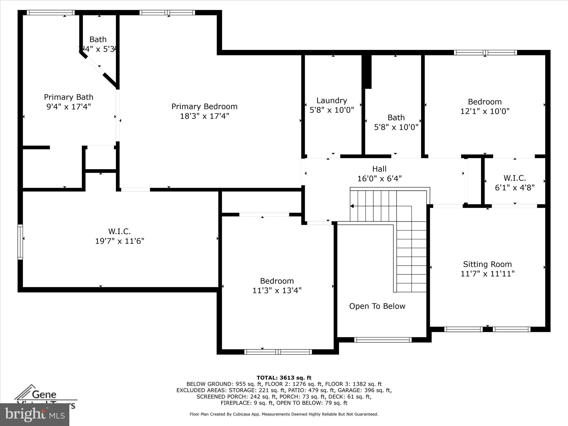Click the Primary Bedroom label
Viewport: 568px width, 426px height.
(204, 106)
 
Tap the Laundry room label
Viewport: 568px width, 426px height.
(332, 100)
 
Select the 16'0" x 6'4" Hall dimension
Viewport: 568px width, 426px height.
(379, 178)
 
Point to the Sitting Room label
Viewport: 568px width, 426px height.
(487, 264)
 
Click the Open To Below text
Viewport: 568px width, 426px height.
(377, 306)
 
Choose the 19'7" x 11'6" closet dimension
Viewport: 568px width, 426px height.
(120, 241)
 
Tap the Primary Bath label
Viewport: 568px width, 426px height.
(69, 97)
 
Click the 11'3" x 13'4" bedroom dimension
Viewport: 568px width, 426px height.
(277, 290)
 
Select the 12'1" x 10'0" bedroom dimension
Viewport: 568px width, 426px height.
(485, 111)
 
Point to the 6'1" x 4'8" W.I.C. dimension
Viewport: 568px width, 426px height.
(515, 187)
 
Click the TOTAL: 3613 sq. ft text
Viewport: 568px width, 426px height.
(284, 378)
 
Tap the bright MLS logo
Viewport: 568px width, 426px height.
(35, 415)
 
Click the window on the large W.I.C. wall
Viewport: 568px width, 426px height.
(20, 242)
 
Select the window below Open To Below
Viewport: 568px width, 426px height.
(383, 340)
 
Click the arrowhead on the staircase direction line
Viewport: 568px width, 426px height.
(352, 206)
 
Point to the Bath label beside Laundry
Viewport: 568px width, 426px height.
(396, 118)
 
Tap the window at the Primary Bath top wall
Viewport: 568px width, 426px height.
(51, 12)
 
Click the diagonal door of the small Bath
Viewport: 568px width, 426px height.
(95, 65)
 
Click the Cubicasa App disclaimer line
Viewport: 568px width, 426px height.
(284, 414)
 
